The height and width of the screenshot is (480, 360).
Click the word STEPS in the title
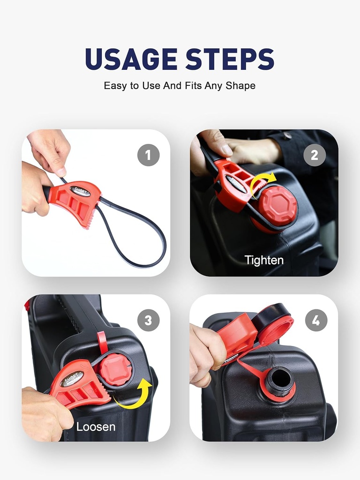(230, 60)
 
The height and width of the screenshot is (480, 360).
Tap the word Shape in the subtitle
(240, 86)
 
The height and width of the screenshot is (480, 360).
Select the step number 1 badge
(148, 155)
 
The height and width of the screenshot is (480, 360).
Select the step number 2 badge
(315, 155)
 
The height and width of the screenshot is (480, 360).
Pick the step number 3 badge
(148, 321)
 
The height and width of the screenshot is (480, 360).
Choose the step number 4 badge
(316, 321)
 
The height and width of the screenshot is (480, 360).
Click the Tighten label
(264, 260)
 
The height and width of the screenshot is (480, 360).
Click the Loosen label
(96, 427)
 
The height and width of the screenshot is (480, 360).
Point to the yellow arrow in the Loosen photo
(136, 395)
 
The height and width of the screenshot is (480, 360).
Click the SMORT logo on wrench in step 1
(80, 191)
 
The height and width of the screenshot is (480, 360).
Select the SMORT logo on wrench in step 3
(73, 378)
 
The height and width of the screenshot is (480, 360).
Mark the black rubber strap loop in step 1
(141, 239)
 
